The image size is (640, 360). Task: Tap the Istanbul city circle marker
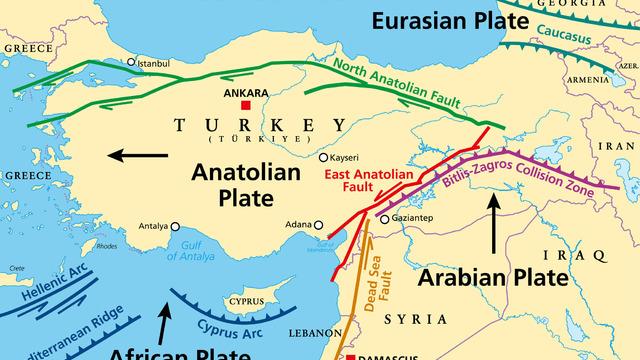click(131, 62)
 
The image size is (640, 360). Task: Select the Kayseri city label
click(345, 157)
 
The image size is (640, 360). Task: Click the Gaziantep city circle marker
click(384, 219)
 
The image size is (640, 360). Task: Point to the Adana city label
click(297, 224)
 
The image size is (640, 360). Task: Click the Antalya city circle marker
click(176, 226)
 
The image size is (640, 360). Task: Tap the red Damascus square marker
click(350, 356)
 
